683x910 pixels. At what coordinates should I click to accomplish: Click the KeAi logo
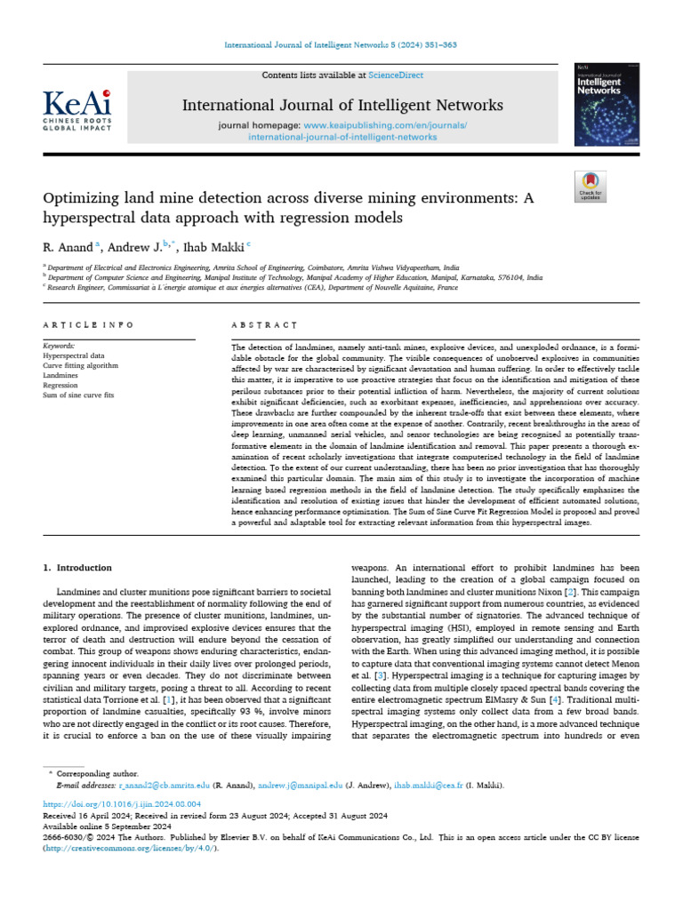pyautogui.click(x=78, y=108)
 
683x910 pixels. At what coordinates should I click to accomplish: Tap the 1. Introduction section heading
pyautogui.click(x=78, y=567)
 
